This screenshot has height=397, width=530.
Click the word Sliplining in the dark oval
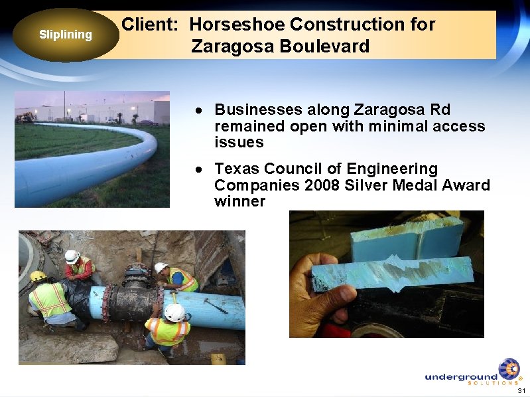click(65, 35)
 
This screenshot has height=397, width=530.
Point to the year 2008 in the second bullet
click(322, 185)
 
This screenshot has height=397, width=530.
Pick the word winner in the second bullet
click(239, 201)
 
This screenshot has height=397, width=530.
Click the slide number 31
click(521, 390)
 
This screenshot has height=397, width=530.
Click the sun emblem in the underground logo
click(509, 368)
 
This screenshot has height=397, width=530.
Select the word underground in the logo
click(460, 377)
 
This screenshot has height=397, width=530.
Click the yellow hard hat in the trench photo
click(38, 276)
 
